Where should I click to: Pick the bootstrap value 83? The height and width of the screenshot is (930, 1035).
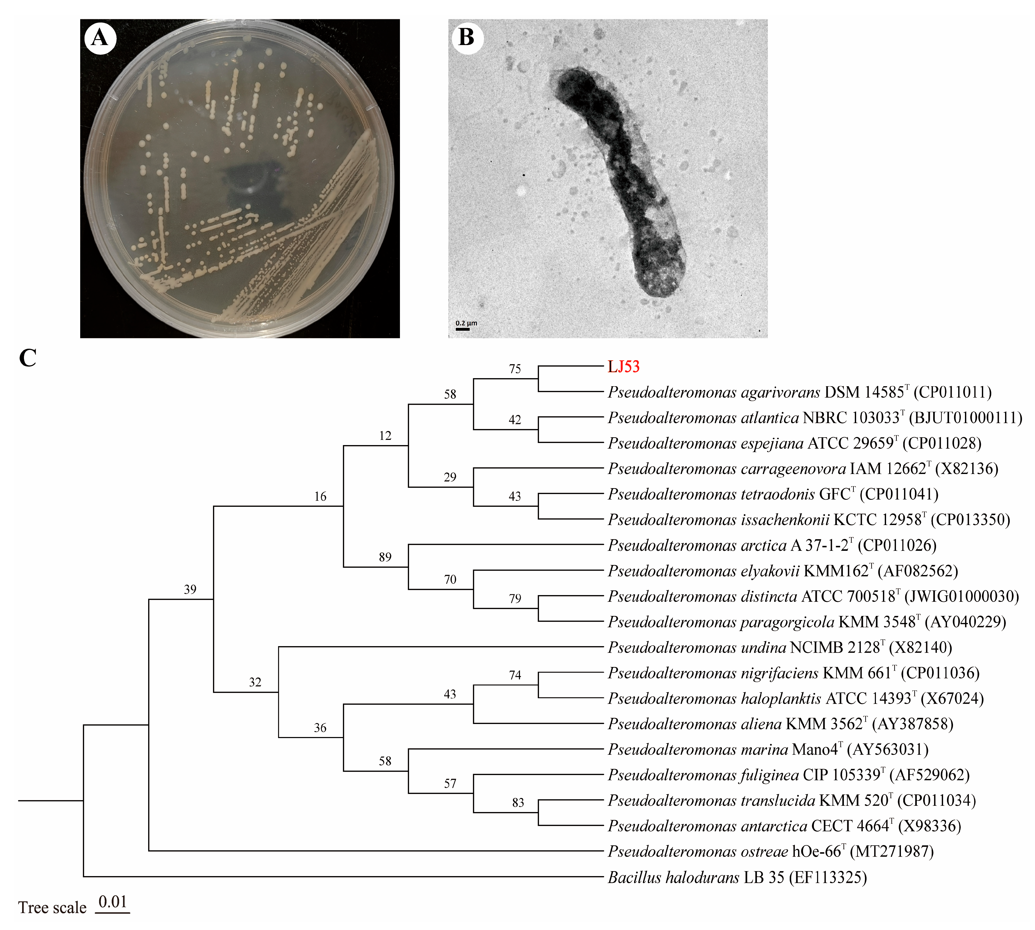pyautogui.click(x=518, y=803)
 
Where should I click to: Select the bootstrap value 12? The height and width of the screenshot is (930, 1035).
pyautogui.click(x=385, y=436)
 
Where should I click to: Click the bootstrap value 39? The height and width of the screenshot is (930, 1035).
pyautogui.click(x=190, y=590)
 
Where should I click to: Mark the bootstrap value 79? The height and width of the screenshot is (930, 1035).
pyautogui.click(x=515, y=599)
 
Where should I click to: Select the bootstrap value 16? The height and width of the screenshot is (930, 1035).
pyautogui.click(x=320, y=497)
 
